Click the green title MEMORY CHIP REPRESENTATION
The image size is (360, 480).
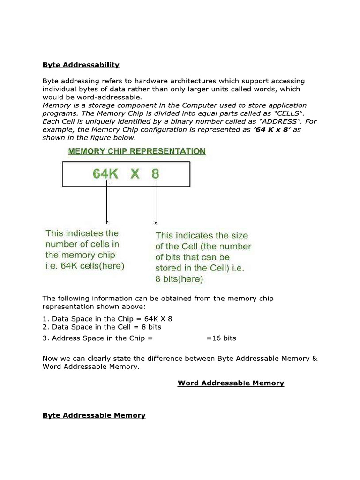(137, 151)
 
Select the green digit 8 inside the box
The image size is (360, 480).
(155, 174)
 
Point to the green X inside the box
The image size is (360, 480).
(135, 174)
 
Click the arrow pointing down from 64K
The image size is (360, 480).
(107, 202)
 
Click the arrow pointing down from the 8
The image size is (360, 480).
(155, 202)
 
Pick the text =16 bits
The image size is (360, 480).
(221, 338)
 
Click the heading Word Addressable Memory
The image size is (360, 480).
(231, 383)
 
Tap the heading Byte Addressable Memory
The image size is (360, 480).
(94, 415)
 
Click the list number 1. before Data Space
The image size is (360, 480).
(45, 318)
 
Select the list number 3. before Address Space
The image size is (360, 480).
(45, 338)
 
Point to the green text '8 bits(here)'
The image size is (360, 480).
(179, 279)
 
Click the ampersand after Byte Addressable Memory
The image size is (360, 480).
(315, 359)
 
